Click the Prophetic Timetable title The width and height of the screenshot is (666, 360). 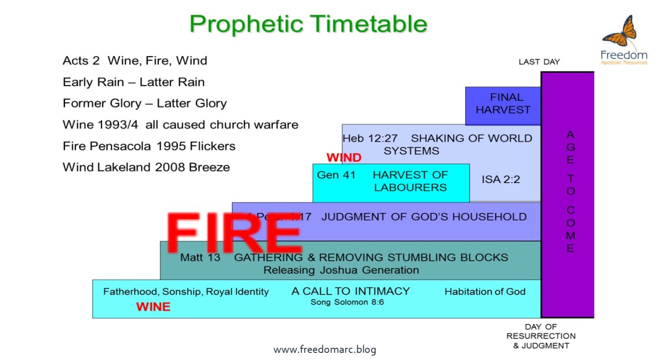(x=309, y=24)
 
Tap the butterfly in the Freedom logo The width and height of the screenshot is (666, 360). (x=619, y=32)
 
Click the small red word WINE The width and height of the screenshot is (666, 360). (x=153, y=307)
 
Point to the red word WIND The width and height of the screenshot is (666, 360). (x=344, y=158)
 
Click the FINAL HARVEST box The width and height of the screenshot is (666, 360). (x=503, y=104)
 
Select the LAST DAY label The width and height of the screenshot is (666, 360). (x=539, y=62)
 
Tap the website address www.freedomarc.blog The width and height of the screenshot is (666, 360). (x=325, y=349)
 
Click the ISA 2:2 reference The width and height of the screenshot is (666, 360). (x=501, y=180)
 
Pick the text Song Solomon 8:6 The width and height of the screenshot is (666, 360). (x=347, y=302)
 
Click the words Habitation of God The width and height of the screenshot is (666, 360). (x=485, y=292)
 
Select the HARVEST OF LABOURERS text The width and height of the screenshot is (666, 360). (x=410, y=181)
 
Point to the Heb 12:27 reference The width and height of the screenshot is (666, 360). (x=370, y=138)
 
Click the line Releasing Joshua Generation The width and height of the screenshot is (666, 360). (x=341, y=271)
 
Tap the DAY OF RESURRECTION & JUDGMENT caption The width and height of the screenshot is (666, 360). (x=541, y=336)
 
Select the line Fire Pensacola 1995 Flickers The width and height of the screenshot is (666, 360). (x=149, y=146)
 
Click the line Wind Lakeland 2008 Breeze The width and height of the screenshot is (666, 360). (x=146, y=167)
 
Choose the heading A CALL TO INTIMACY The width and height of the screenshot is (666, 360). (x=350, y=291)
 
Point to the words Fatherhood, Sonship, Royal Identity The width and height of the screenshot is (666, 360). (x=186, y=292)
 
